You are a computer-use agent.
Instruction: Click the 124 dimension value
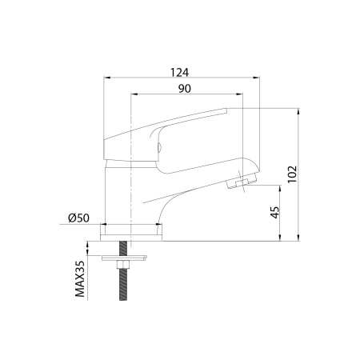click(179, 72)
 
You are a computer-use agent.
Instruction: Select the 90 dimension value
click(185, 89)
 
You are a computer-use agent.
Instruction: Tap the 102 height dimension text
click(292, 174)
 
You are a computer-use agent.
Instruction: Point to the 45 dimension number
click(275, 212)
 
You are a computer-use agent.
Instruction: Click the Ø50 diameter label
click(78, 218)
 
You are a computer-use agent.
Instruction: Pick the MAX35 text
click(80, 278)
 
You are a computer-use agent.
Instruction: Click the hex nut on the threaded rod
click(123, 265)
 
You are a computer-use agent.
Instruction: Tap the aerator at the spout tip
click(242, 182)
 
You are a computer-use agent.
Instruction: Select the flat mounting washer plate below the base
click(124, 258)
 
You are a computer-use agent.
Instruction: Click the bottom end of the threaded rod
click(123, 300)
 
